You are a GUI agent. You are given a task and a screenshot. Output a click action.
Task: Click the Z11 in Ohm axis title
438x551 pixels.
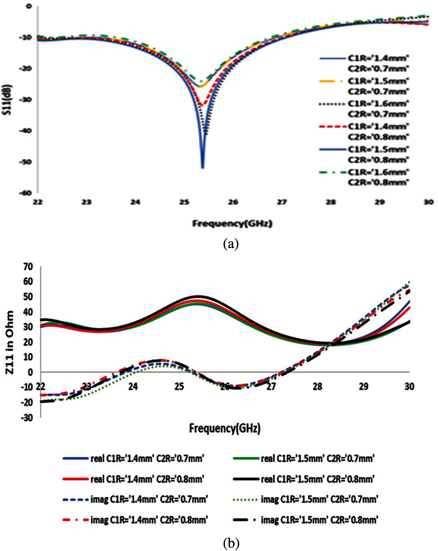(10, 342)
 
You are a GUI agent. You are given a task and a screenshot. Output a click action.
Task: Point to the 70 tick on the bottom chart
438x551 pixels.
(28, 267)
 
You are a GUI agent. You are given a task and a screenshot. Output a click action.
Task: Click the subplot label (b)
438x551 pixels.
(231, 543)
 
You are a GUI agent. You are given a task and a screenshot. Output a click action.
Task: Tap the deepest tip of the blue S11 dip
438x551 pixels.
(202, 168)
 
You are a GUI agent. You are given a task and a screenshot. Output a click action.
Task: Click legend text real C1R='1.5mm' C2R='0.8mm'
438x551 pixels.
(317, 479)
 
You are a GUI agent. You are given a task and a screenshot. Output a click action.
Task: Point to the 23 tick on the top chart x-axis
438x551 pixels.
(86, 202)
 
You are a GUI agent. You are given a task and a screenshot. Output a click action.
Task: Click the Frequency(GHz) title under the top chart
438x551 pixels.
(232, 224)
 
